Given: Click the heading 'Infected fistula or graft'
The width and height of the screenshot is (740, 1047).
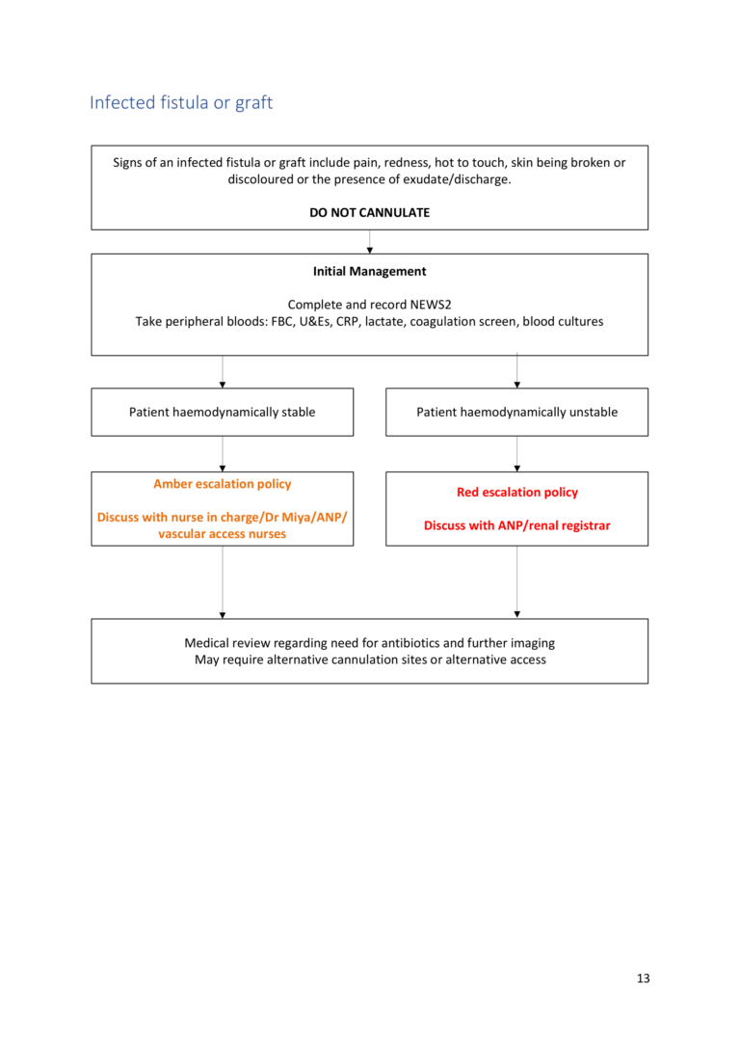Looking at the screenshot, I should click(181, 102).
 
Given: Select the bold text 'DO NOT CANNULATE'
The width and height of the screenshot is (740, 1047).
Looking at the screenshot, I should click(370, 212).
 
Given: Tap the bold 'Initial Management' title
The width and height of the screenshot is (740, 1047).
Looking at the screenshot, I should click(370, 272).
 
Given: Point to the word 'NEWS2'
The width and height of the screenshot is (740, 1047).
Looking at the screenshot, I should click(433, 305).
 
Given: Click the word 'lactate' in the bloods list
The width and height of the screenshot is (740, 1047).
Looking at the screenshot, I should click(384, 322).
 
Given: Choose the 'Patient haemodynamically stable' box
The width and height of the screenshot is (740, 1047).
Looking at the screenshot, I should click(223, 412).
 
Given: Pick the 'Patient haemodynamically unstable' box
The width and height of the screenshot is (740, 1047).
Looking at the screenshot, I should click(516, 412).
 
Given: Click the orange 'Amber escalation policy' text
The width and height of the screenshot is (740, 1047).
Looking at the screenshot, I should click(223, 484).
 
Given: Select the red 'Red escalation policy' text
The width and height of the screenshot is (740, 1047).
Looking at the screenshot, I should click(516, 492).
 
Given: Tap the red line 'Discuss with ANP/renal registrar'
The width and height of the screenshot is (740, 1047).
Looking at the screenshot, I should click(516, 526).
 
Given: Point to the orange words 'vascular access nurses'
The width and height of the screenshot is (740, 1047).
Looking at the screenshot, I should click(223, 534).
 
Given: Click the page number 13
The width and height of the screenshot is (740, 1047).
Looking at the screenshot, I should click(643, 979).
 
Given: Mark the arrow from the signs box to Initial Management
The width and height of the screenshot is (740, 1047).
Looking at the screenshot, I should click(370, 242).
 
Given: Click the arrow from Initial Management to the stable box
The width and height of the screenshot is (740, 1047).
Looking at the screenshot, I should click(223, 372).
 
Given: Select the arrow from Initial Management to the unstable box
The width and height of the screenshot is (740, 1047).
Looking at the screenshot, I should click(517, 372).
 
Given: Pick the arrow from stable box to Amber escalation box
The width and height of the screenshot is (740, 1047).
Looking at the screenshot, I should click(223, 454).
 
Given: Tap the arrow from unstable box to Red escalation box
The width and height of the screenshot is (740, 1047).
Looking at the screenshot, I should click(517, 454).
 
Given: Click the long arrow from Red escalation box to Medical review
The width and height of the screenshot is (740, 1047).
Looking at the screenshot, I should click(517, 582).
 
